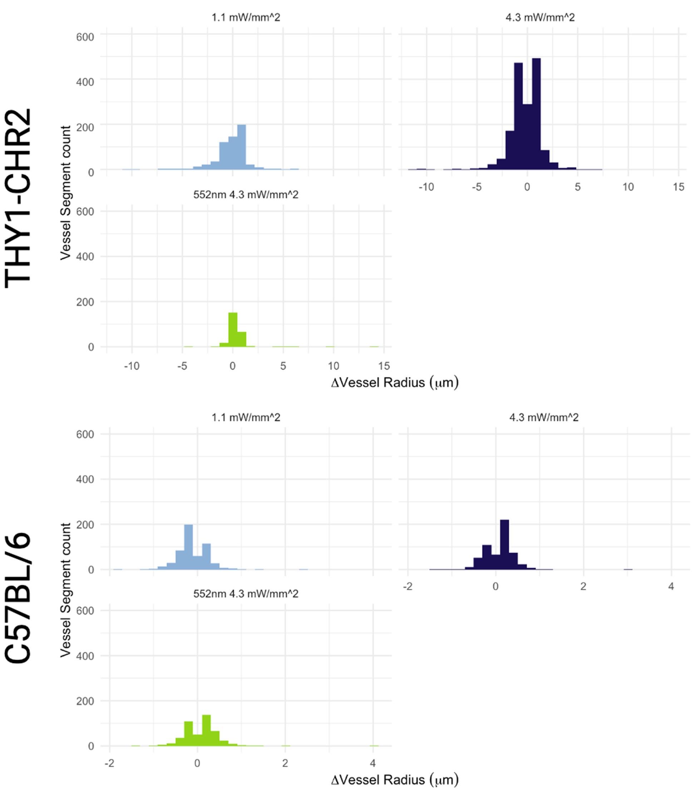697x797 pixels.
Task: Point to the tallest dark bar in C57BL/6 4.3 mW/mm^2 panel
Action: tap(504, 545)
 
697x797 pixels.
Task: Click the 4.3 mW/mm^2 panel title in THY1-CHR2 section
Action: tap(540, 18)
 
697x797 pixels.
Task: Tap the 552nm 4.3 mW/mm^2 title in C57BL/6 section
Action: tap(246, 594)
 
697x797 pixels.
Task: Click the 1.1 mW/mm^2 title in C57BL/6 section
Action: tap(246, 418)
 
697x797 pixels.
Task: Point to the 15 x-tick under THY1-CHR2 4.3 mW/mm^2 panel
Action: tap(678, 187)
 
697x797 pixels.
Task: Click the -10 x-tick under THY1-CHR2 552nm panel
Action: tap(132, 366)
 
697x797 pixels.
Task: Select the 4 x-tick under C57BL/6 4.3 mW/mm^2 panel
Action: tap(671, 586)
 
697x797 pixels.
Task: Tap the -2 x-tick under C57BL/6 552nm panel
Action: tap(109, 763)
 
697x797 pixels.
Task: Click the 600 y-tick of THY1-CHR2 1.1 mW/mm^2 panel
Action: tap(85, 37)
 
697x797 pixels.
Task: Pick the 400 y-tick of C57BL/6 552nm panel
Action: tap(85, 656)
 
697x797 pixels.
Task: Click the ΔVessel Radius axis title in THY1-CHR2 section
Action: tap(395, 383)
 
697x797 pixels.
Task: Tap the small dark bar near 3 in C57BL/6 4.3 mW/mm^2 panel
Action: tap(628, 569)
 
